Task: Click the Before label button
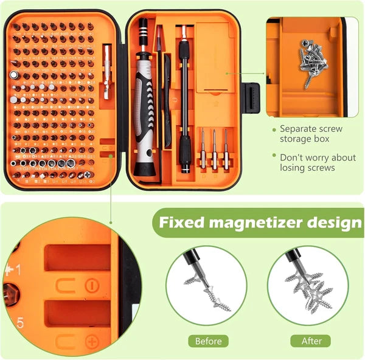click(x=208, y=341)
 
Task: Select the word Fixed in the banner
click(x=179, y=223)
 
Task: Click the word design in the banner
click(x=330, y=223)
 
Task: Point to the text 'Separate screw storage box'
click(x=310, y=134)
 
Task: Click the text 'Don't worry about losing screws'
click(x=318, y=162)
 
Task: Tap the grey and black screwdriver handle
click(x=145, y=109)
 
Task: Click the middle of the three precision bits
click(x=214, y=149)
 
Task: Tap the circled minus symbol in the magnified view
click(x=91, y=285)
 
